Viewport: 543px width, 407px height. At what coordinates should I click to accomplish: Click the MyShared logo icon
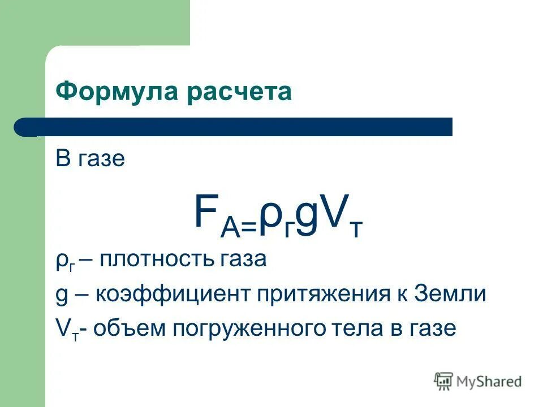(443, 380)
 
